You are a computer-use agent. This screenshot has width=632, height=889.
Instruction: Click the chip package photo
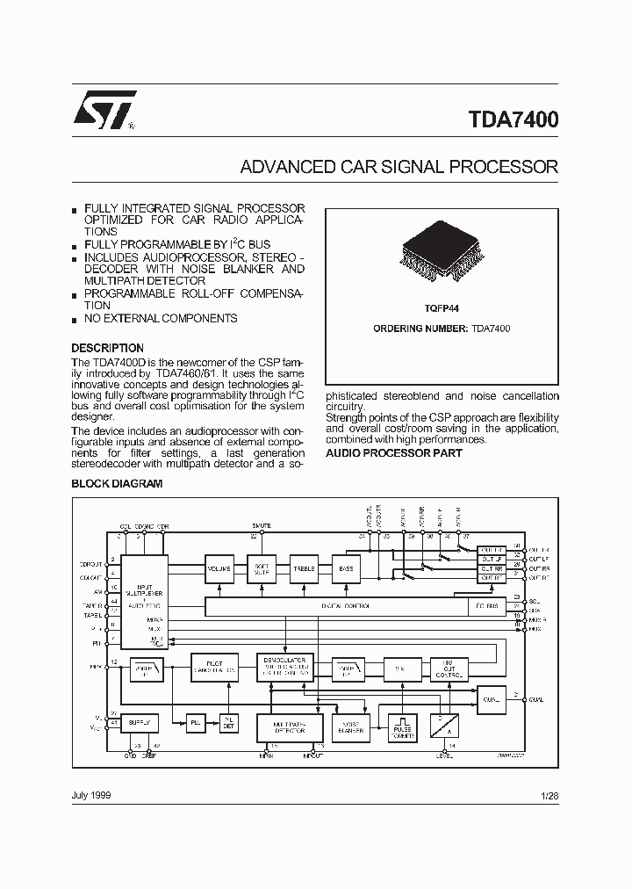pos(442,250)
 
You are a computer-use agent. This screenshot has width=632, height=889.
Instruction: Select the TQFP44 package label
pos(442,308)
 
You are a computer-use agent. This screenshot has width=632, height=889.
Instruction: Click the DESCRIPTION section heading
pos(107,348)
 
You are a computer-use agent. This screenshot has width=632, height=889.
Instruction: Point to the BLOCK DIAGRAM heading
pos(116,483)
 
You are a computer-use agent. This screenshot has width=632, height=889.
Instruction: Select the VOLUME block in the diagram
pos(219,569)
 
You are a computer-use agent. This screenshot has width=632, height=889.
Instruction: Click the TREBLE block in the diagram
pos(304,569)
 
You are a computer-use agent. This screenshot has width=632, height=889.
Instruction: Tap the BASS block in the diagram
pos(347,569)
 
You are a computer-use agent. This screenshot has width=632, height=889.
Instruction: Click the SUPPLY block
pos(140,722)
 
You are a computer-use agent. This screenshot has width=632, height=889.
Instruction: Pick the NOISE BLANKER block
pos(350,726)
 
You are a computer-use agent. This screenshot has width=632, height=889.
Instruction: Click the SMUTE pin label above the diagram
pos(262,525)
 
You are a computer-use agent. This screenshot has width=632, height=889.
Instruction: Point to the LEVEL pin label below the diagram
pos(445,755)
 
